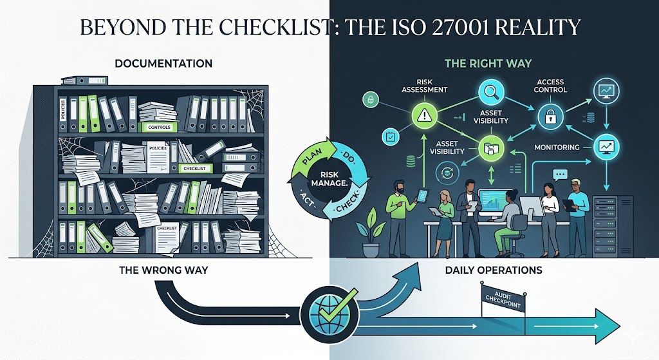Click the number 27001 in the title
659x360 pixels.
(x=459, y=27)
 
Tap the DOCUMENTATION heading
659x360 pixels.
(x=163, y=64)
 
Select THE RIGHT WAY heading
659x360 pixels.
(x=488, y=64)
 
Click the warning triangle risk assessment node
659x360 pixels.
(x=424, y=115)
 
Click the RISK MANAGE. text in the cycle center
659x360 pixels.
(x=328, y=179)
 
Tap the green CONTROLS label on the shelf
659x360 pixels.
(x=160, y=127)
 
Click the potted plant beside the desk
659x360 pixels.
(x=370, y=232)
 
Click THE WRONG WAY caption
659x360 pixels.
(x=163, y=270)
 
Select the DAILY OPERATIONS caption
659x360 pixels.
(x=494, y=270)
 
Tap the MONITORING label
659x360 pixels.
(x=557, y=147)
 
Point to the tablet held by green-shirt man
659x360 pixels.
(x=422, y=194)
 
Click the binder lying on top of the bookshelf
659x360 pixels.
(x=84, y=81)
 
